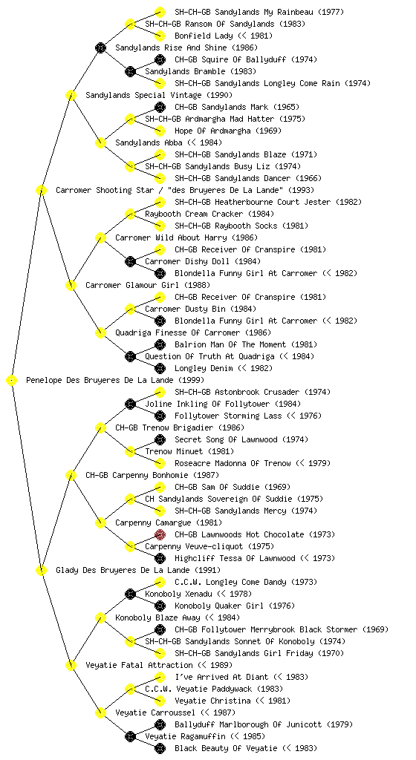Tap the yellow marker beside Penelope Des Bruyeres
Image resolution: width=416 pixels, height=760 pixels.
point(11,381)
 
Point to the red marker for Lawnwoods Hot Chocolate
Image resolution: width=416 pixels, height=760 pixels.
point(160,534)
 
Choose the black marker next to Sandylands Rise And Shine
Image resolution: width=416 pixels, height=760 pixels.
point(100,47)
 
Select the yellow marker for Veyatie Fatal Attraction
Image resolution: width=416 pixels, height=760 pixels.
point(71,665)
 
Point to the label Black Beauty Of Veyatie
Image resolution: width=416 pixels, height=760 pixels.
point(226,748)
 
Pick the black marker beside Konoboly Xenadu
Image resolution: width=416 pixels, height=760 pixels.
point(130,594)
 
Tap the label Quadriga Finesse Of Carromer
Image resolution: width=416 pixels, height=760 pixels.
point(178,333)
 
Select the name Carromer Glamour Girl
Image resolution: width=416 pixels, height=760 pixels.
point(133,286)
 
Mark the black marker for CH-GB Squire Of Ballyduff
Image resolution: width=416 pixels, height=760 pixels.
point(160,59)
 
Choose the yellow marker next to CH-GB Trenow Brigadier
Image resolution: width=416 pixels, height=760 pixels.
point(100,427)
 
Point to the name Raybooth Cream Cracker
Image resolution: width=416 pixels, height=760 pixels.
point(194,214)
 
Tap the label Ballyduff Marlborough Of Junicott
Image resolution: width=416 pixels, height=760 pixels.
point(248,724)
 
